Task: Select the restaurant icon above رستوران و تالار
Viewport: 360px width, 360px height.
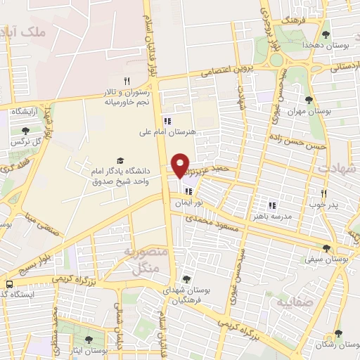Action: click(127, 81)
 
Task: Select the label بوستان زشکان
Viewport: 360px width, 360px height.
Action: click(338, 345)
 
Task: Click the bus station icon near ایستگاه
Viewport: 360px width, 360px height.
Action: click(8, 284)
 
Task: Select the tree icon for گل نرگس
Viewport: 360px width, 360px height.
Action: click(26, 131)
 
